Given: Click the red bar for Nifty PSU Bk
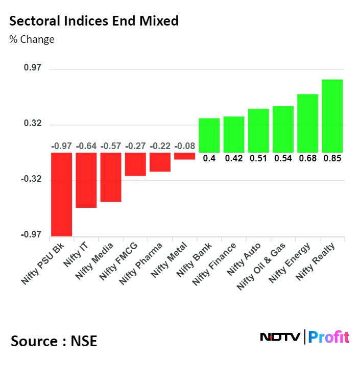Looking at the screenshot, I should [x=61, y=194].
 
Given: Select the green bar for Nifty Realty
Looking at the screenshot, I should [x=332, y=116].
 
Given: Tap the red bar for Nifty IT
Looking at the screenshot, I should [x=86, y=180].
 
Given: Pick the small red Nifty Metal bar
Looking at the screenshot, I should [x=184, y=156].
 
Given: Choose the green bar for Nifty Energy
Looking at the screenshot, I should [x=307, y=123].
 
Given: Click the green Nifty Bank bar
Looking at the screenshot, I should [x=209, y=135].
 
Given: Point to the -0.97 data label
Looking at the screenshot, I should [x=61, y=147].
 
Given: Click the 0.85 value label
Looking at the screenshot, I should [x=332, y=158].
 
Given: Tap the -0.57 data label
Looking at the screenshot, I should [x=110, y=147].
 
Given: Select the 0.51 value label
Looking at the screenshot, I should [x=258, y=158].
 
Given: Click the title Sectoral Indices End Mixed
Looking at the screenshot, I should [x=94, y=21].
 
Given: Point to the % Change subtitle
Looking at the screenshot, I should [x=32, y=39].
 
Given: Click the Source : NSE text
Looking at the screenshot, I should [x=54, y=341].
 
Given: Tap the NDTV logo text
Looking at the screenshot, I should [x=280, y=337].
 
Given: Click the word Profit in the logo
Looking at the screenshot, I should [x=329, y=337].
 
